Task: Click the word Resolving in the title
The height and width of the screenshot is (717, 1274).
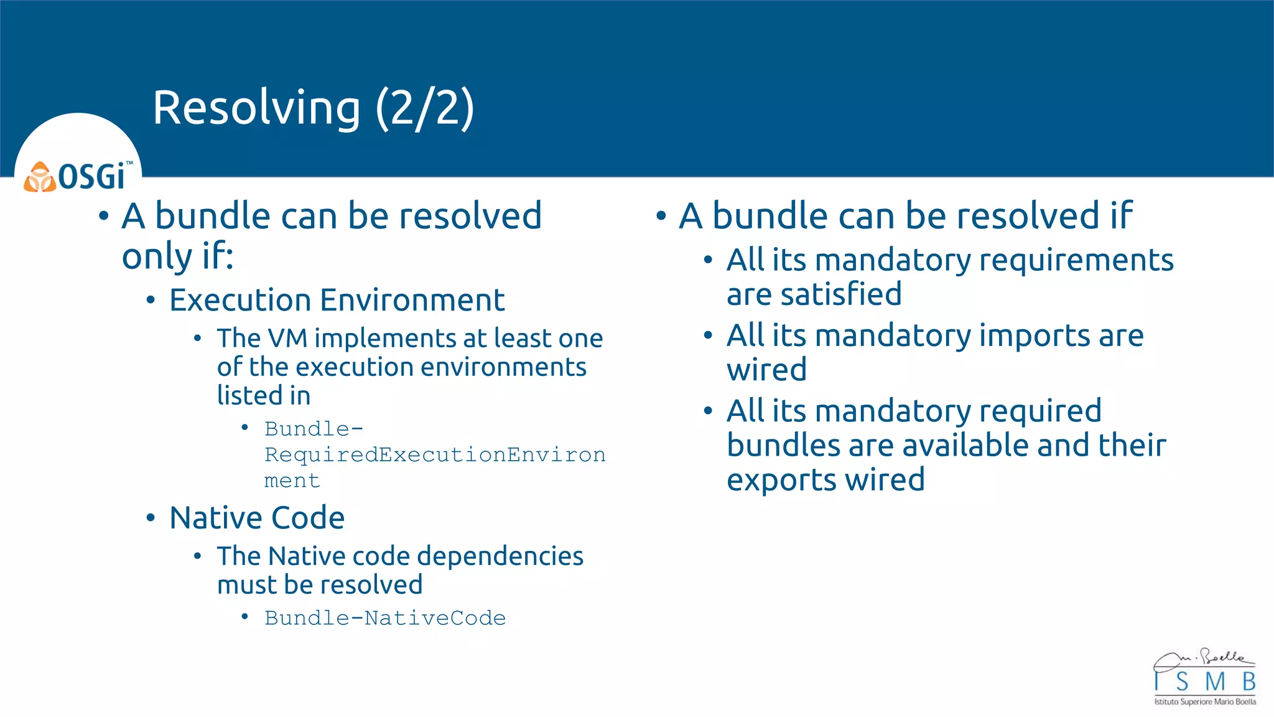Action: click(256, 108)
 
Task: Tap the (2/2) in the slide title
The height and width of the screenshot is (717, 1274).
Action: click(425, 108)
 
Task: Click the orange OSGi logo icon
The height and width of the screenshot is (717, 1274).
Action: click(39, 177)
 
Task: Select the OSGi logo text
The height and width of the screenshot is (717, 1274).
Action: click(93, 176)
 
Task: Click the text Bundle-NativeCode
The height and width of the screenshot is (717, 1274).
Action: click(385, 618)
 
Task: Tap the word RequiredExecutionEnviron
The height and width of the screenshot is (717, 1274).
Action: click(435, 455)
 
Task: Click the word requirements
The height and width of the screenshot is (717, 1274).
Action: click(1076, 260)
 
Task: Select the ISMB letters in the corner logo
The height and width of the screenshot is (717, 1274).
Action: click(1204, 682)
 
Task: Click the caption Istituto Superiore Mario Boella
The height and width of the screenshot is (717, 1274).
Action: click(1204, 702)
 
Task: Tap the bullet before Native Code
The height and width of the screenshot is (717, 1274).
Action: click(151, 518)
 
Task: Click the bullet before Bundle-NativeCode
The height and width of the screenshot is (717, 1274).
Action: click(245, 617)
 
